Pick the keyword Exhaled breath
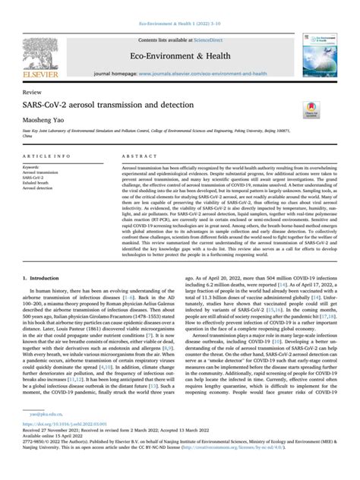tap(39, 182)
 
